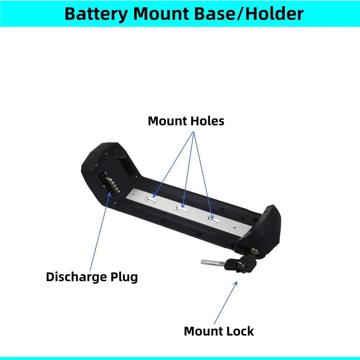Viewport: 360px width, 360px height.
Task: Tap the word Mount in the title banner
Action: tap(166, 14)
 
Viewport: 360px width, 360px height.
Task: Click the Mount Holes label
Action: tap(186, 121)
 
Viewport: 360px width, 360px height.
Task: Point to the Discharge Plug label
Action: tap(92, 277)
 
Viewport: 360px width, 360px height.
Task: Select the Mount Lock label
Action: tap(219, 331)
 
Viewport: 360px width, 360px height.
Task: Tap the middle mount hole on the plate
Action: tap(181, 210)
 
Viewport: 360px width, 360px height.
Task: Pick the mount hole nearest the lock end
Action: tap(212, 220)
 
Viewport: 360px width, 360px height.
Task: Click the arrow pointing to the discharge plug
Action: tap(100, 230)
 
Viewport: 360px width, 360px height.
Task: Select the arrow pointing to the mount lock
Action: tap(226, 302)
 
